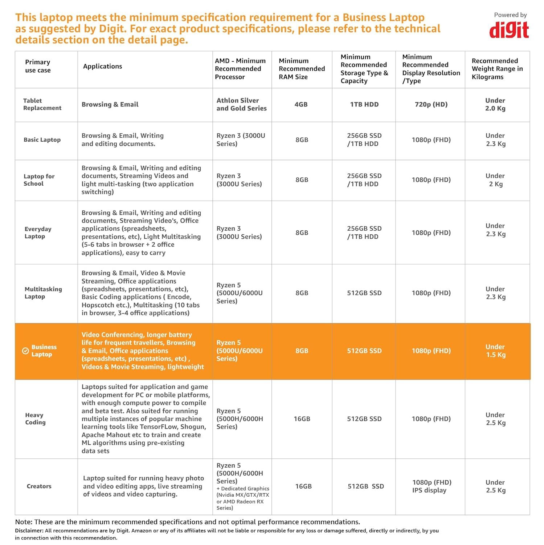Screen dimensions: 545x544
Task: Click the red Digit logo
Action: (509, 30)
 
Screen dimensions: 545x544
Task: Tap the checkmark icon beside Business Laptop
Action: (25, 351)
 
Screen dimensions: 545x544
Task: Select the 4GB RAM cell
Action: (301, 104)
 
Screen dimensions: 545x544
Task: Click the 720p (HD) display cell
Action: (431, 104)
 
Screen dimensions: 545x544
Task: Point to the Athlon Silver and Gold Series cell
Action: (241, 104)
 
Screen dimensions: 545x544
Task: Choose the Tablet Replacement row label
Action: (42, 104)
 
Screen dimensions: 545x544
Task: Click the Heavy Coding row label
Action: (35, 419)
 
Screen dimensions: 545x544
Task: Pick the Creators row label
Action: (39, 486)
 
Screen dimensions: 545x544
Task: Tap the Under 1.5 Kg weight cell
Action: (495, 351)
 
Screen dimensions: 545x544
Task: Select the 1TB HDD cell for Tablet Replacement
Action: (364, 104)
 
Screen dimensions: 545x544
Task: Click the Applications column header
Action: (102, 66)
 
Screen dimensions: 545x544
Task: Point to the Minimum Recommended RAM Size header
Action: (302, 69)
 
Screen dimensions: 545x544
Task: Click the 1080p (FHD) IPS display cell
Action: (431, 486)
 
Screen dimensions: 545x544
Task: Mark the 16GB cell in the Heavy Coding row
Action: (302, 419)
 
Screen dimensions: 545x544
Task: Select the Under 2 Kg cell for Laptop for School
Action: (495, 180)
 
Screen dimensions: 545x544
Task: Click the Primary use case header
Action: (38, 66)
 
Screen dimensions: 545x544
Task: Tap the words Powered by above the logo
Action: (510, 15)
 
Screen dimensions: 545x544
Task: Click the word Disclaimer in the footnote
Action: (29, 530)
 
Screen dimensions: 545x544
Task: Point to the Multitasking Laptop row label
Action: (43, 293)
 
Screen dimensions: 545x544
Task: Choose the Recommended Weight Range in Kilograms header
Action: (497, 69)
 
